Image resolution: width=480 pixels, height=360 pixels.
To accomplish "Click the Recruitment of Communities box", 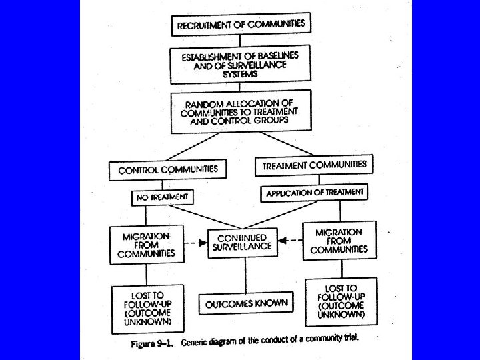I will point(241,24).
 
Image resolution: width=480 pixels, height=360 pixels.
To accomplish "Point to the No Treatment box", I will point(163,197).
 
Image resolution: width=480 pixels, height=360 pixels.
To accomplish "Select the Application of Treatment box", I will point(315,192).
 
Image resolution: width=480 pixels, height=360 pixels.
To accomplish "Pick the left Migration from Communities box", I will point(146,244).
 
